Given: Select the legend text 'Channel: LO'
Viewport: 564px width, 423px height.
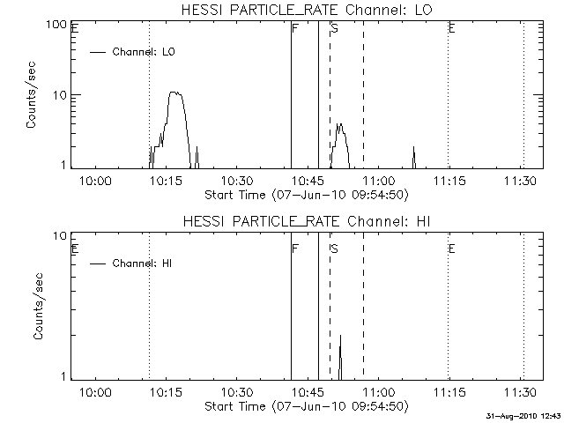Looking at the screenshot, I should click(x=145, y=52).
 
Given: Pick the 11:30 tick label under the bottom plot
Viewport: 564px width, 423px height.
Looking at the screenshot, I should click(x=521, y=391).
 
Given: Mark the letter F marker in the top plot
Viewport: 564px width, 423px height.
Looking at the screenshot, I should click(x=295, y=28).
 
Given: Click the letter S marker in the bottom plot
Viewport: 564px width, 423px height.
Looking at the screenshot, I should click(x=334, y=249).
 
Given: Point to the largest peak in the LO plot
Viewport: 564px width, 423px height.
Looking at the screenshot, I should click(x=175, y=93).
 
